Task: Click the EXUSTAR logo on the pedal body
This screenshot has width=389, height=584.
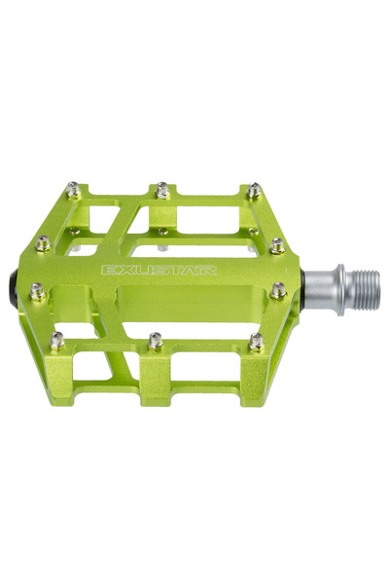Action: pos(159,271)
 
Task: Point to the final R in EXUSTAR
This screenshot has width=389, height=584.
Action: pos(209,270)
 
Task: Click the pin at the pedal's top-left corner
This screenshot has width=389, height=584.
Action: pos(73,191)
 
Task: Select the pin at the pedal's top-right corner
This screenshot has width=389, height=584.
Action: pos(254,190)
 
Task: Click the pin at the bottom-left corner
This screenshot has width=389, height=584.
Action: pos(57,340)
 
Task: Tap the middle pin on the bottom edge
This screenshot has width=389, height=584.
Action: pos(156,340)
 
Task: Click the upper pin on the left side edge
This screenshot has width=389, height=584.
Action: pos(43,243)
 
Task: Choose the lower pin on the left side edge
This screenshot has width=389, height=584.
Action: pos(37,290)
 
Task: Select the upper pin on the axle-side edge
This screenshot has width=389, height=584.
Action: pos(277,244)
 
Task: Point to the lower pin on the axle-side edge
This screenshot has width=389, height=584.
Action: pos(279,289)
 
